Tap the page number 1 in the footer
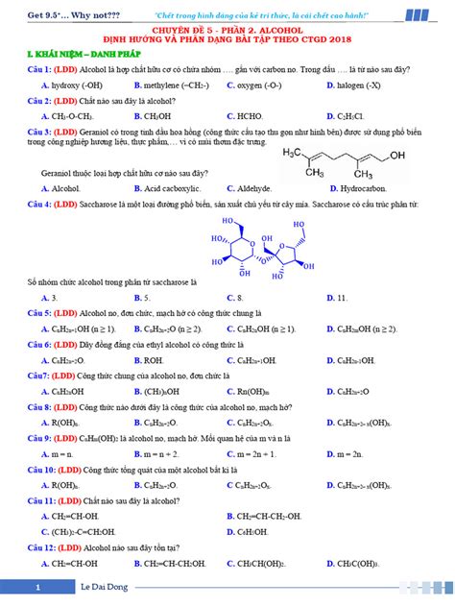(36, 586)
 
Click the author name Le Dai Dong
(104, 586)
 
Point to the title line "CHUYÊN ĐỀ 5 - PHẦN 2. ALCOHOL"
(228, 32)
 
